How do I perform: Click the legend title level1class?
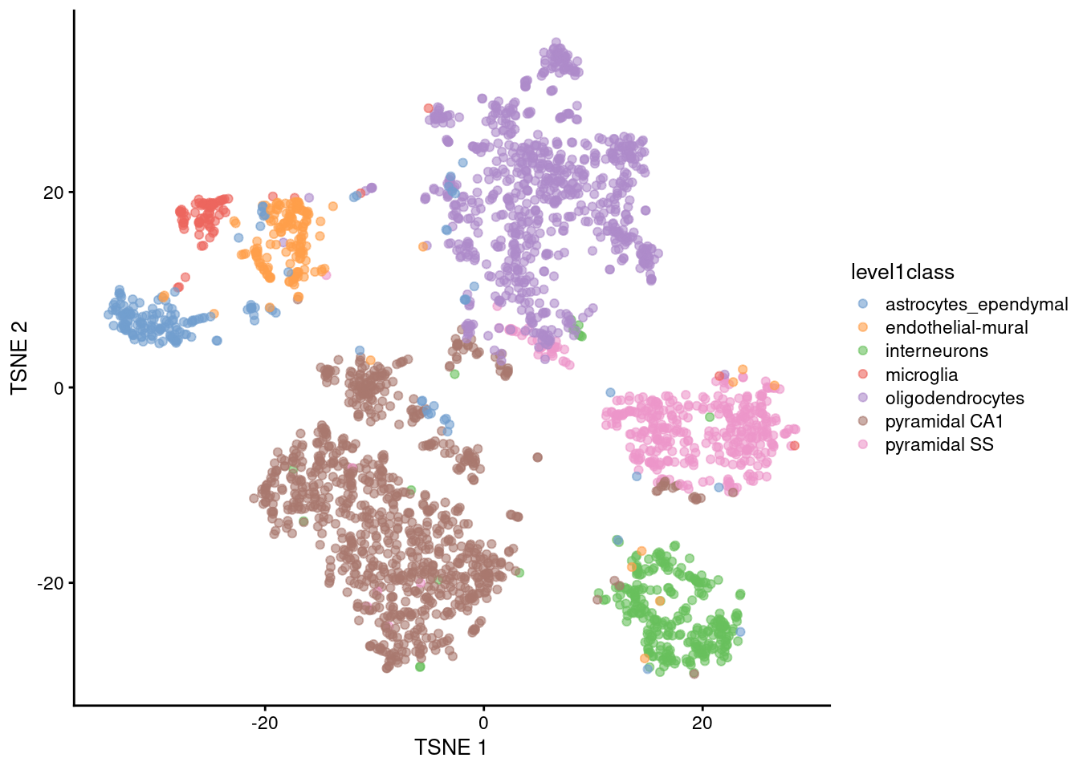[902, 273]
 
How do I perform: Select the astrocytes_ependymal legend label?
[976, 305]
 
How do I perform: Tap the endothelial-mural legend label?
[956, 328]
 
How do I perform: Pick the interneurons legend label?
[936, 351]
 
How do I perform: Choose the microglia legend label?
[921, 375]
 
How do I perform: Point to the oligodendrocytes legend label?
[955, 399]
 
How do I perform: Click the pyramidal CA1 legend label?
[944, 422]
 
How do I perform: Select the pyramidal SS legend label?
[939, 445]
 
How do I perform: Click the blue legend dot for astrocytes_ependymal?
[863, 304]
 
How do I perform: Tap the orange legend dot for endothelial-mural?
[863, 327]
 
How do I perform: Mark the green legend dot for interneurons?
[863, 351]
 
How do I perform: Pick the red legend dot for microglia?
[863, 375]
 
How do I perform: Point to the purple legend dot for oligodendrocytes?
[863, 398]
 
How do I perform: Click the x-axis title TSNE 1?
[450, 748]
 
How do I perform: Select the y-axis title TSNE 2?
[20, 358]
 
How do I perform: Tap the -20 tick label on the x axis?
[264, 723]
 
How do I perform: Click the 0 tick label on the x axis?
[483, 723]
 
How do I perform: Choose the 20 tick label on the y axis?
[53, 192]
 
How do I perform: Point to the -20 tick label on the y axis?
[50, 583]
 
